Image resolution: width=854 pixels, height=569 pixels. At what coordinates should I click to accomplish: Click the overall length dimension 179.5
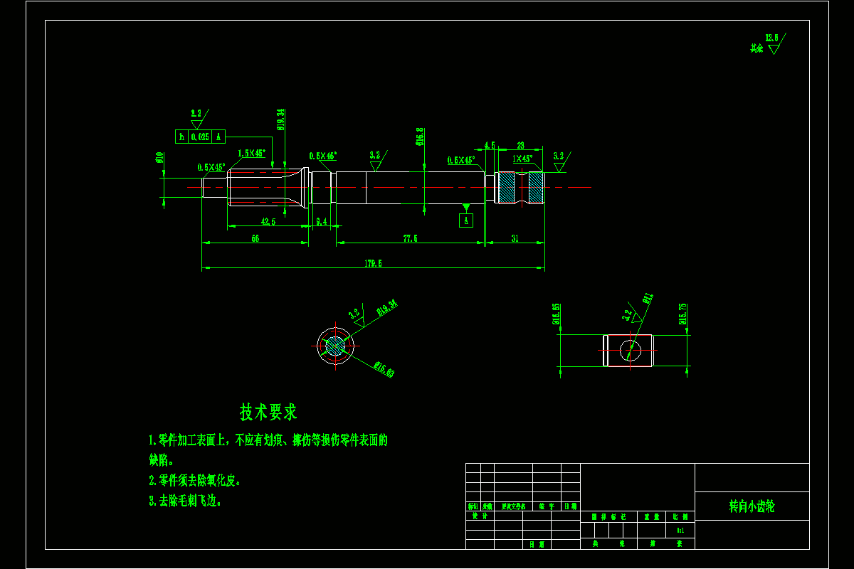(374, 263)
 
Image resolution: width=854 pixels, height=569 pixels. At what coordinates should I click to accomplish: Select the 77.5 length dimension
(410, 238)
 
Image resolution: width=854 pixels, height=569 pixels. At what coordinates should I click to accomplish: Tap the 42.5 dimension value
(268, 222)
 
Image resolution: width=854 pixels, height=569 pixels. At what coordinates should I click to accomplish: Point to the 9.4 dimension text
(321, 222)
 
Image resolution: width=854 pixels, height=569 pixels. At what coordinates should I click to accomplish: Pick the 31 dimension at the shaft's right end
(515, 238)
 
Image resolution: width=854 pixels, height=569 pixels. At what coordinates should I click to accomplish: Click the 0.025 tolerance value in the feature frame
(199, 137)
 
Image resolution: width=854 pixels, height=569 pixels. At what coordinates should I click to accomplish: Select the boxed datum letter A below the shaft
(466, 220)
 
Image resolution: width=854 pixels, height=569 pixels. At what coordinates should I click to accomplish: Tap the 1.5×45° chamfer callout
(251, 153)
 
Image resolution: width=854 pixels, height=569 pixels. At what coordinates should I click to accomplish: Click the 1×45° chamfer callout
(523, 159)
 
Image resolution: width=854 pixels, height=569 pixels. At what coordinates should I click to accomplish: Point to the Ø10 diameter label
(160, 158)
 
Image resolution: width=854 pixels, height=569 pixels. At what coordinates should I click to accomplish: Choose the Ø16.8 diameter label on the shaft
(420, 137)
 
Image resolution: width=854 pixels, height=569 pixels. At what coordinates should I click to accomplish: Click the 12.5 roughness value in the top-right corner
(771, 38)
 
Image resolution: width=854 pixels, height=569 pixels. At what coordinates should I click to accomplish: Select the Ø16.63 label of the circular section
(384, 369)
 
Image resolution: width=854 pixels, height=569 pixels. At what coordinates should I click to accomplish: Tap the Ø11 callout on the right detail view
(648, 298)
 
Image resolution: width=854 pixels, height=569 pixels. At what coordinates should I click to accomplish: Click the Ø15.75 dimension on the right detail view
(683, 314)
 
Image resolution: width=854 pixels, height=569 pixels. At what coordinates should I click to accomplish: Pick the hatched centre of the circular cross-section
(334, 346)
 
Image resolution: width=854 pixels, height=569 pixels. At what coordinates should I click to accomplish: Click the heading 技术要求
(268, 412)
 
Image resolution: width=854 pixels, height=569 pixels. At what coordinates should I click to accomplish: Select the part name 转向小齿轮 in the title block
(752, 506)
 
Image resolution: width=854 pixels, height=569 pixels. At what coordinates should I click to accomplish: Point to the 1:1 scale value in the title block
(680, 530)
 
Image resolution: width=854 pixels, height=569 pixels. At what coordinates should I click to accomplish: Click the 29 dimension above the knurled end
(520, 144)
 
